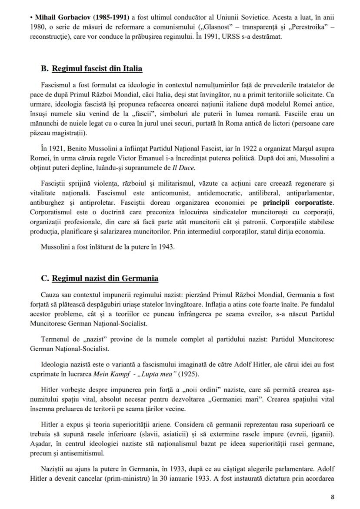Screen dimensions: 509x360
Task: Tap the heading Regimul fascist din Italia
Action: pyautogui.click(x=97, y=69)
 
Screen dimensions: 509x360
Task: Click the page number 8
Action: pyautogui.click(x=333, y=497)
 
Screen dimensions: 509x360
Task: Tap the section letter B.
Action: pyautogui.click(x=44, y=69)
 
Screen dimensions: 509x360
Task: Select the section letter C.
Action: pyautogui.click(x=44, y=278)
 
